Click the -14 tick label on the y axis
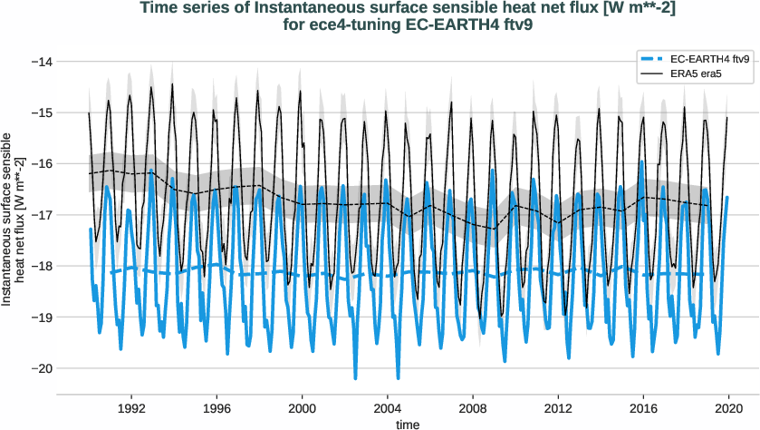click(40, 62)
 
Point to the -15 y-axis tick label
click(40, 112)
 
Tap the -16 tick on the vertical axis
click(40, 163)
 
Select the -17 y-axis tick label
click(40, 215)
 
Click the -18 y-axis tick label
click(40, 266)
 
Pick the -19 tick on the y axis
click(40, 317)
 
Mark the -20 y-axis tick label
click(40, 368)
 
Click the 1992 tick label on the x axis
click(131, 408)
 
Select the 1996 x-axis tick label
click(216, 408)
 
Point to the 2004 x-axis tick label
click(388, 408)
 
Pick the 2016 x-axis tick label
click(644, 408)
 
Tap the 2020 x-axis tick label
click(729, 408)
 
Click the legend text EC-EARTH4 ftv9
click(709, 59)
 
